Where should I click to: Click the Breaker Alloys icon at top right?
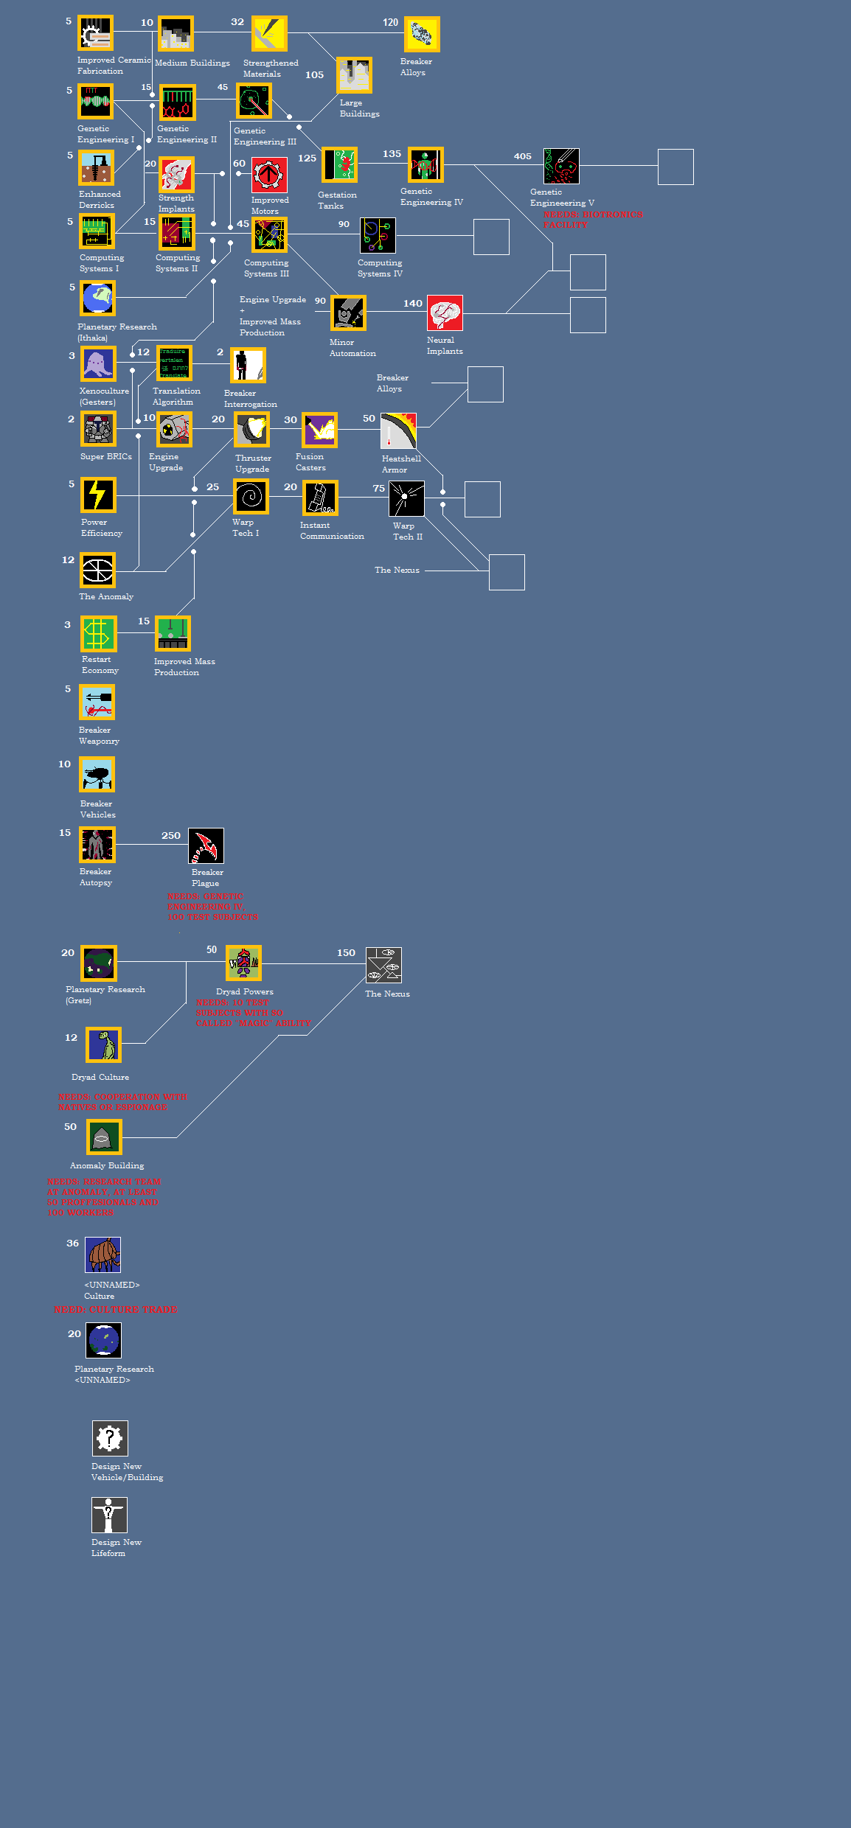point(422,35)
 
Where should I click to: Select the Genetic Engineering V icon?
point(561,167)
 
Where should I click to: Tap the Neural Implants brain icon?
point(445,313)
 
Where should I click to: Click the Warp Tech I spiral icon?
point(251,496)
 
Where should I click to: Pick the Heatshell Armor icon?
point(398,431)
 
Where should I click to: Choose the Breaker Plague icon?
point(206,846)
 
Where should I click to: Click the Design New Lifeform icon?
point(109,1515)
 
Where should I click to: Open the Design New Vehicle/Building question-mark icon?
point(110,1438)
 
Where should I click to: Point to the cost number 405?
point(522,156)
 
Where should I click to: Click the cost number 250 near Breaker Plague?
point(171,836)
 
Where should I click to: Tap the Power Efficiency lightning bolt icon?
point(98,495)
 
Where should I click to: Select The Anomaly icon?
point(97,570)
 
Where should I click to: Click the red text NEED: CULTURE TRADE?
point(115,1309)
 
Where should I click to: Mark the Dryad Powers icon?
point(243,963)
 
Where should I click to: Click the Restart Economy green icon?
point(97,634)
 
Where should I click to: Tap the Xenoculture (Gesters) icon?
point(98,364)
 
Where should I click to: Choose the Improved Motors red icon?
point(269,175)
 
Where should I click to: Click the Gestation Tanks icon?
point(339,165)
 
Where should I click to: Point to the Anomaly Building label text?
point(107,1165)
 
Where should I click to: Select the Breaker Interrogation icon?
point(248,366)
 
